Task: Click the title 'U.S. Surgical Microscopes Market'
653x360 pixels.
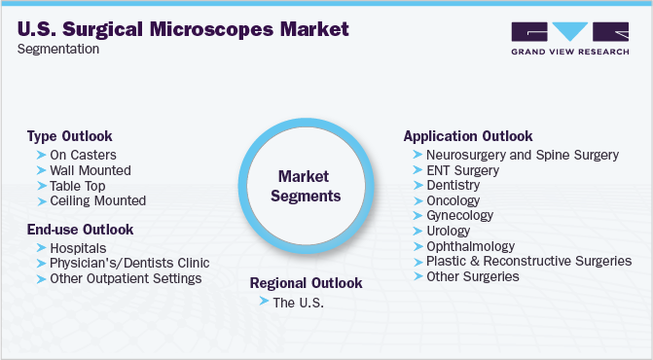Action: [183, 30]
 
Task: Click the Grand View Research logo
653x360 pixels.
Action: [569, 39]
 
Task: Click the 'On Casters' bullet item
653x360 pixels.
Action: [85, 155]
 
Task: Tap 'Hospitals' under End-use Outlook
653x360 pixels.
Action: [81, 248]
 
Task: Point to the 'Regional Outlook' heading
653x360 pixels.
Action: [306, 283]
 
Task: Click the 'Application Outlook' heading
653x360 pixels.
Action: [468, 136]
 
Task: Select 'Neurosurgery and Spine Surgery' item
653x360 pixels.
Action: [523, 155]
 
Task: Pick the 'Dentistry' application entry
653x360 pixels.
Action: [453, 185]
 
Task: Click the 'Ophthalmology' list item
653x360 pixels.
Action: [470, 246]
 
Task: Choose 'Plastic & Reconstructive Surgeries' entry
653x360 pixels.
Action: [528, 261]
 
